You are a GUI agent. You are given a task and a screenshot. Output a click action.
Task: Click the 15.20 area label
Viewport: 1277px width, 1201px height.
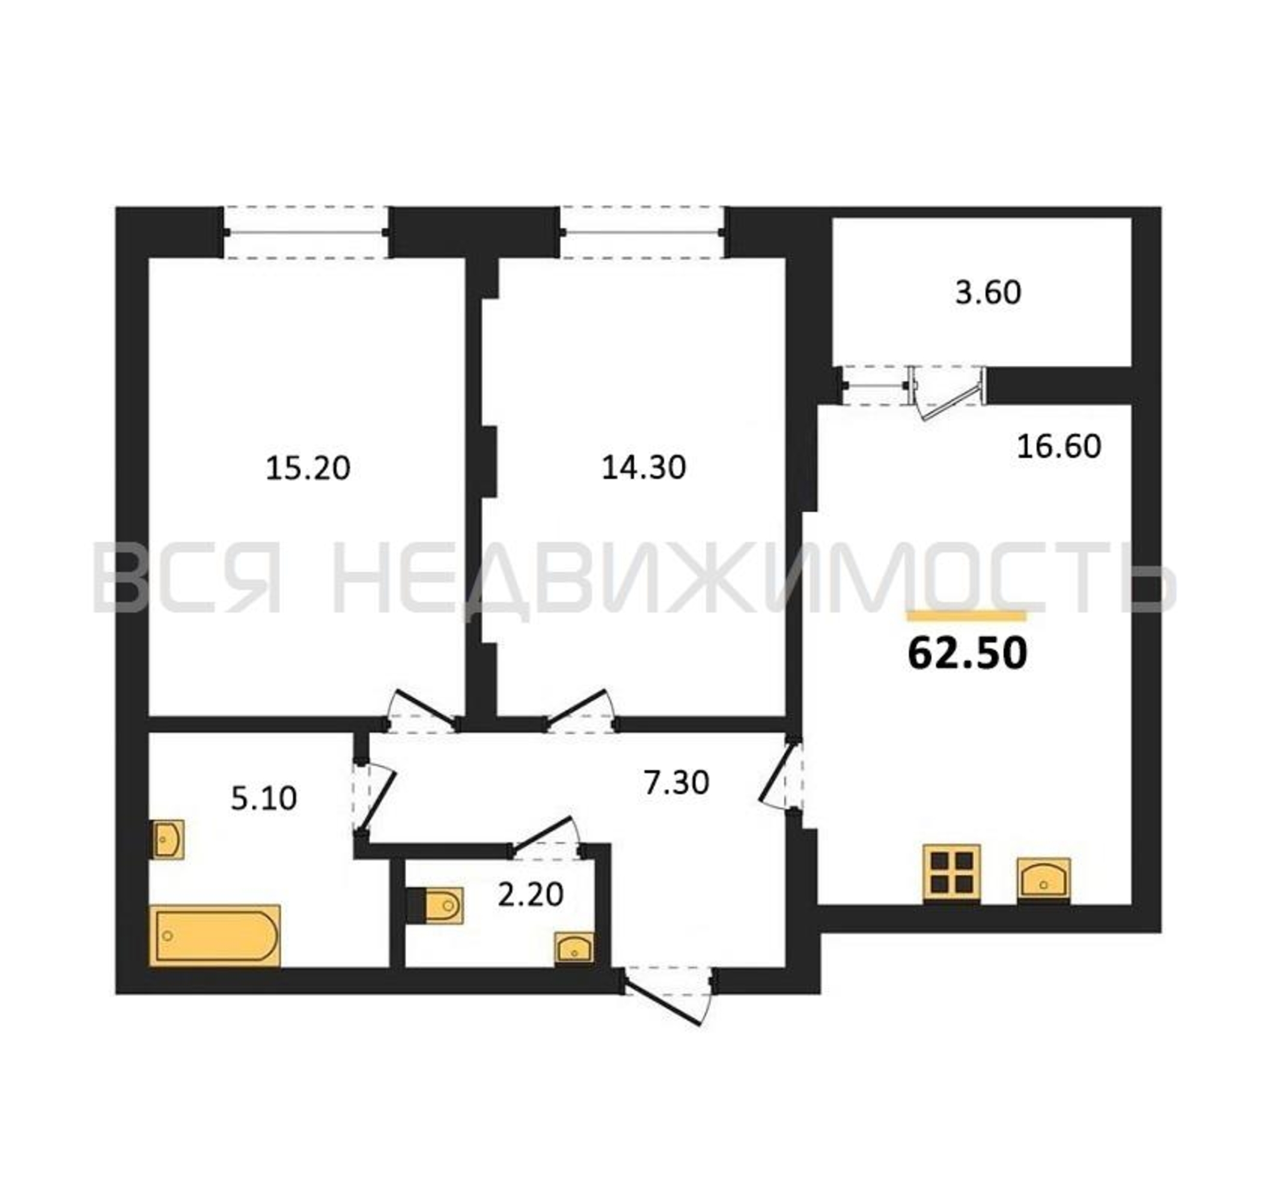point(308,468)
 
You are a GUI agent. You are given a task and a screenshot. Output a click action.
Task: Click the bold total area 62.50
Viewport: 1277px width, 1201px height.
point(968,654)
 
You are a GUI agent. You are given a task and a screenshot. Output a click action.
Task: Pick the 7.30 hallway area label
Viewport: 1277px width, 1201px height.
point(677,782)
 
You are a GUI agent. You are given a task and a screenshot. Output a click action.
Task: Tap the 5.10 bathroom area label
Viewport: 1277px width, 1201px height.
point(263,799)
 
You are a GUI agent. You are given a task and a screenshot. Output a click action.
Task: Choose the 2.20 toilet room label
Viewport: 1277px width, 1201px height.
point(531,894)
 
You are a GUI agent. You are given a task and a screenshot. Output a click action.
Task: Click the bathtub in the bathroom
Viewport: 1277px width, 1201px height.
point(215,935)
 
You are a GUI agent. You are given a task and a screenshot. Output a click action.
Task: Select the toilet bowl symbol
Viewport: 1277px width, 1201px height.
point(436,906)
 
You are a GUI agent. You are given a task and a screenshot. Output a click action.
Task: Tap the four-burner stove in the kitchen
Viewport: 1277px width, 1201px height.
point(951,873)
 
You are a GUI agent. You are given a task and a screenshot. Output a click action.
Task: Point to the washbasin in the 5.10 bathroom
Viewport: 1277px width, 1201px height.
point(168,839)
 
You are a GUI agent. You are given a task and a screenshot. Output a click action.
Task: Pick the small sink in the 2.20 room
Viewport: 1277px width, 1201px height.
point(574,948)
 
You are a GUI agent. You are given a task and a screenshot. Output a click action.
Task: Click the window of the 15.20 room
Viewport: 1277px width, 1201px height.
point(306,232)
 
